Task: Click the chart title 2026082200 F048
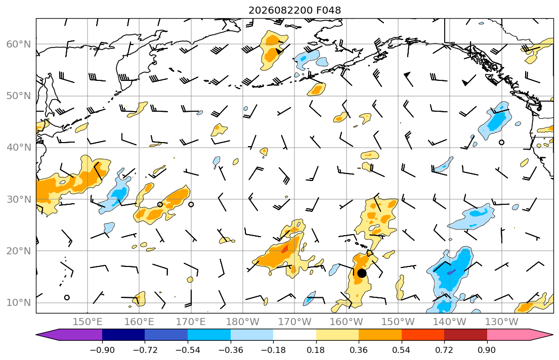pos(294,10)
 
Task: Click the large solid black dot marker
pos(362,273)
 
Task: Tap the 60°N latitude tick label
pos(19,44)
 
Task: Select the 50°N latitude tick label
pos(19,96)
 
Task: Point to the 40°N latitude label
pos(19,147)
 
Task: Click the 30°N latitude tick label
pos(19,199)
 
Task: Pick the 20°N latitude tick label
pos(19,251)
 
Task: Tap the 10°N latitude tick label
pos(19,303)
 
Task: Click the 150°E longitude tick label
pos(88,322)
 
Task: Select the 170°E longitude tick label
pos(191,322)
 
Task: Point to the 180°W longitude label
pos(243,322)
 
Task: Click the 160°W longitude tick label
pos(347,322)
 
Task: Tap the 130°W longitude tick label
pos(502,322)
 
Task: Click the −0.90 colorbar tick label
pos(102,350)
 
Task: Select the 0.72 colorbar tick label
pos(444,350)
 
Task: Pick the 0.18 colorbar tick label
pos(316,350)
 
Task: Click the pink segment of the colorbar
pos(508,335)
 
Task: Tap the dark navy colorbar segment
pos(123,335)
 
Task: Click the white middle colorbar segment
pos(294,335)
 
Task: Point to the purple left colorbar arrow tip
pos(36,335)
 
